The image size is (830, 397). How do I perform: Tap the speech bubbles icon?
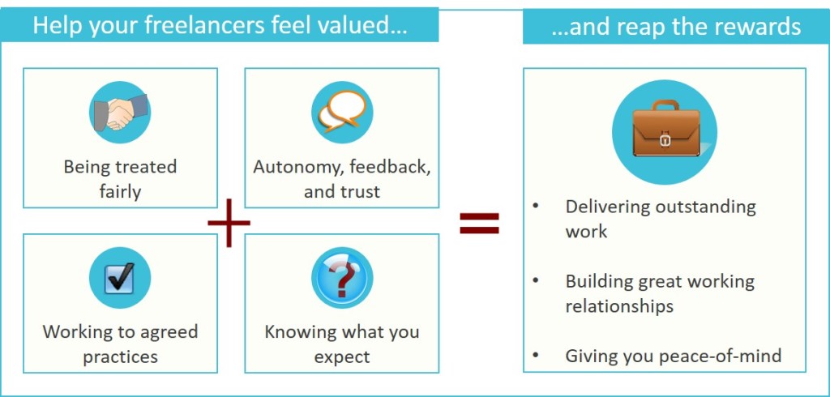341,112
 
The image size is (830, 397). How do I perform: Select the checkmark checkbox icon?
120,278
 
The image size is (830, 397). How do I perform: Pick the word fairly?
120,192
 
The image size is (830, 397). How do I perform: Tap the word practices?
120,356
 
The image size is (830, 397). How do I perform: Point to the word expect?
341,356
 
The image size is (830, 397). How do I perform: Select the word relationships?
619,306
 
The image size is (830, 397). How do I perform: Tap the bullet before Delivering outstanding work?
535,207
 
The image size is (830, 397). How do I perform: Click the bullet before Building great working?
535,281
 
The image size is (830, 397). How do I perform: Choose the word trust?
360,192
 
